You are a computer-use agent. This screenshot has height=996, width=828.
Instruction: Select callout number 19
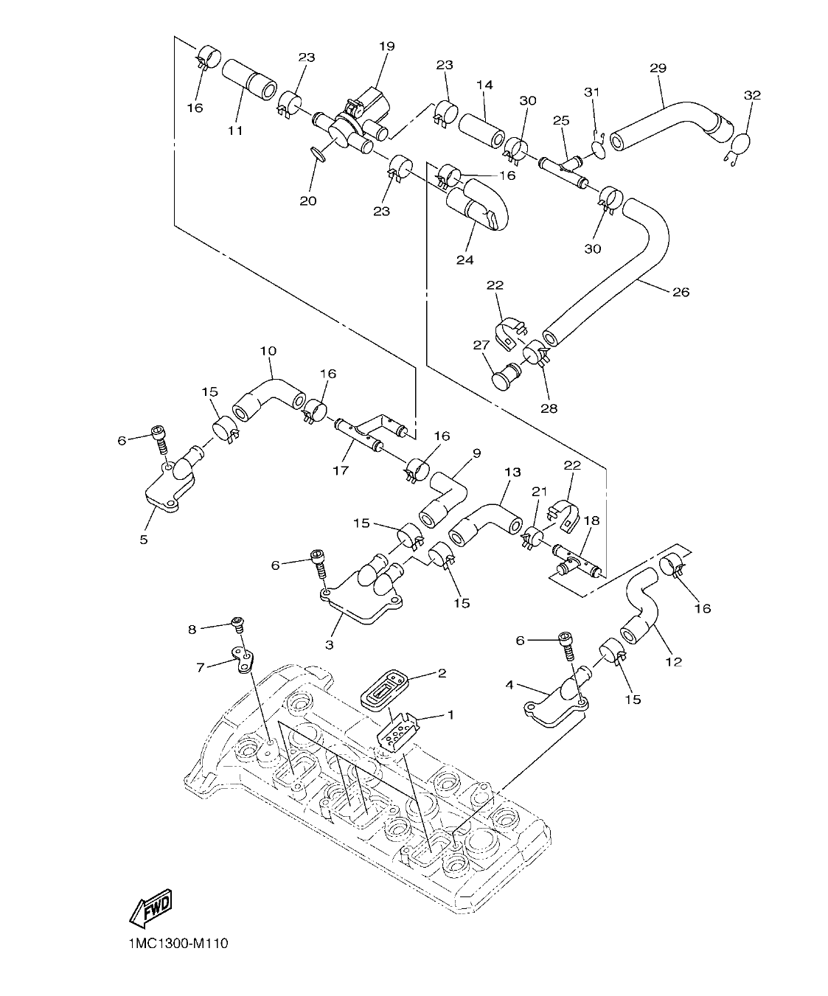tap(387, 46)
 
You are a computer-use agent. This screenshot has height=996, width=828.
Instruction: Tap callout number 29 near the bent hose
tap(658, 68)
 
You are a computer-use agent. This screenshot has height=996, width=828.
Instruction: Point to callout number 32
tap(751, 95)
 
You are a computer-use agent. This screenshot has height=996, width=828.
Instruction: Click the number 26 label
tap(681, 292)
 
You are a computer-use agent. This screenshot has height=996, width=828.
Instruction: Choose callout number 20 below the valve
tap(307, 201)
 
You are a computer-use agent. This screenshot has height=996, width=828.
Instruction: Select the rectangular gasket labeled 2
tap(383, 686)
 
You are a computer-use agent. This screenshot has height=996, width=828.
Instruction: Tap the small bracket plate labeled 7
tap(240, 658)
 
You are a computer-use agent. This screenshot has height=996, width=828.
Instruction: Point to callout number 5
tap(143, 539)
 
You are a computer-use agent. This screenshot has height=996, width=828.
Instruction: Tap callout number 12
tap(673, 661)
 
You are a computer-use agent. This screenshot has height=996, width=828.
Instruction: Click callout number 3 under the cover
tap(329, 644)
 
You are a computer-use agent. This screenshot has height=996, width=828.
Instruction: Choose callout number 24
tap(464, 260)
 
